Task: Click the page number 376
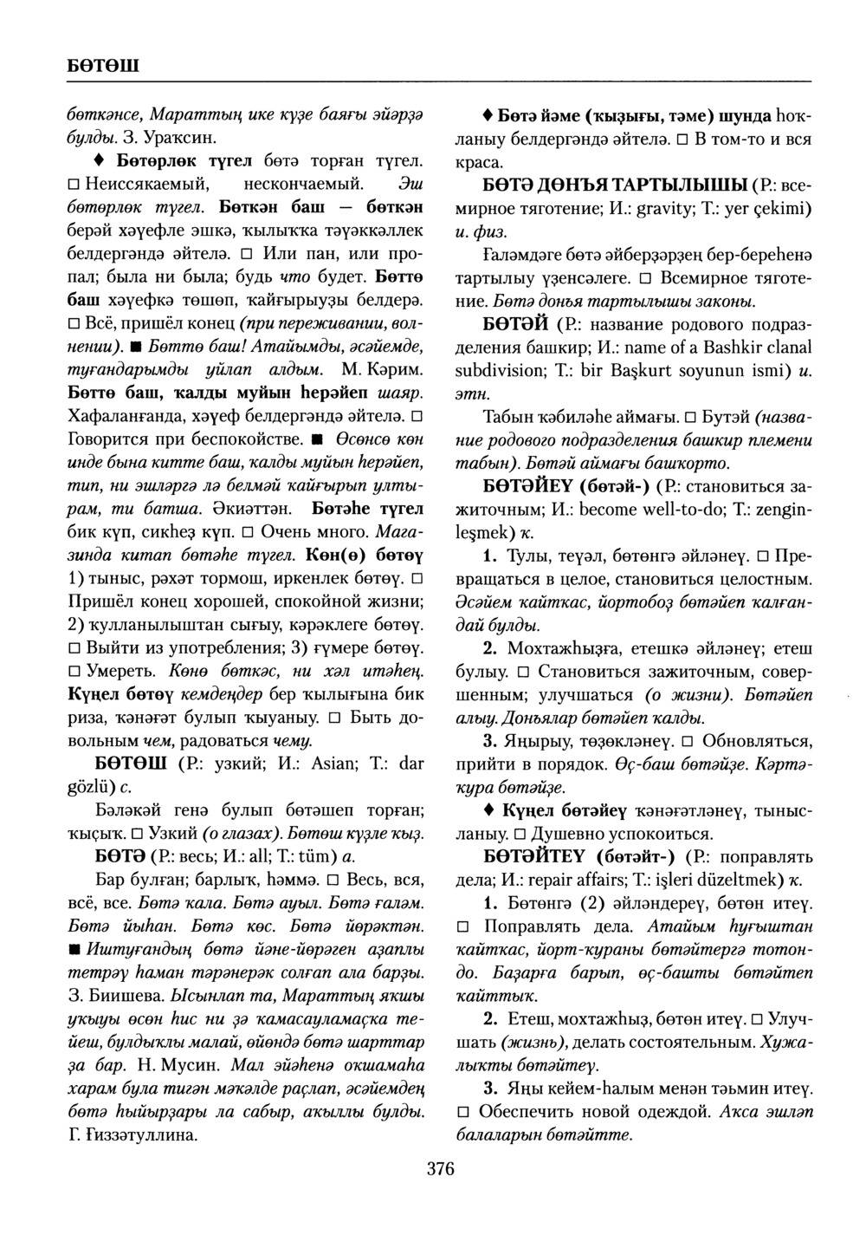coord(441,1169)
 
